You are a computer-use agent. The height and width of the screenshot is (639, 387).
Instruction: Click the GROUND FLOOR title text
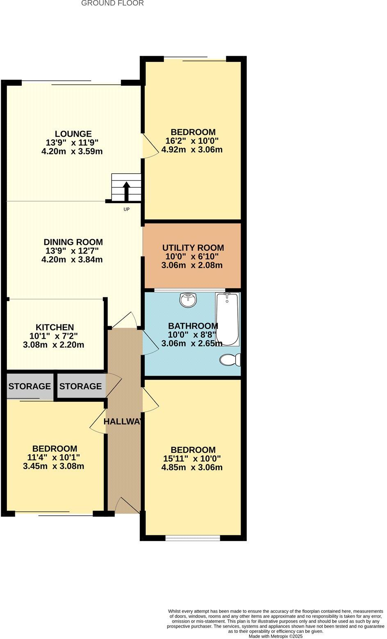click(x=112, y=3)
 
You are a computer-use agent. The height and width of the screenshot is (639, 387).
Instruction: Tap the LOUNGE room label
click(x=73, y=134)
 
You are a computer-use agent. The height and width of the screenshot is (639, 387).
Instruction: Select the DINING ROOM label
click(x=73, y=242)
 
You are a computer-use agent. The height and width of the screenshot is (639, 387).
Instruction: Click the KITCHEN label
click(x=55, y=327)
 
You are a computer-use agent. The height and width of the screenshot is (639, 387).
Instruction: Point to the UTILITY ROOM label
click(x=193, y=248)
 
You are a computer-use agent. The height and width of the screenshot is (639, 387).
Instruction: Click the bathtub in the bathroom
click(x=227, y=319)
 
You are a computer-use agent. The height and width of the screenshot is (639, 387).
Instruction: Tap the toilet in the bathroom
click(x=230, y=360)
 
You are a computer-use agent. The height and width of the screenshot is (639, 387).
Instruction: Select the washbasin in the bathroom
click(x=188, y=300)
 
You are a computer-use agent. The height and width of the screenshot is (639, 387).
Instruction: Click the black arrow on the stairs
click(x=126, y=191)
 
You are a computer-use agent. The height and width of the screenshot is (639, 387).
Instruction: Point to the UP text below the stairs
click(x=126, y=209)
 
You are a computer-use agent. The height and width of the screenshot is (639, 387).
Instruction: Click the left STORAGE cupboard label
click(x=30, y=386)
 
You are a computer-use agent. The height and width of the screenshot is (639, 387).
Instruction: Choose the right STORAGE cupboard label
click(x=80, y=386)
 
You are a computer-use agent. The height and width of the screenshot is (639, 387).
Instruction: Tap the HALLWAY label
click(x=123, y=421)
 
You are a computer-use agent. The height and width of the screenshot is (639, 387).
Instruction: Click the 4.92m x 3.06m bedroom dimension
click(x=192, y=150)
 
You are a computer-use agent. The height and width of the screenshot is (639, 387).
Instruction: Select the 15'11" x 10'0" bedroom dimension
click(x=193, y=459)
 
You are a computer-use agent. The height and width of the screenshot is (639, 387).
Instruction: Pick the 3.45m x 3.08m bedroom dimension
click(x=54, y=466)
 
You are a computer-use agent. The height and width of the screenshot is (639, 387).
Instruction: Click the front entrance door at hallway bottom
click(x=127, y=506)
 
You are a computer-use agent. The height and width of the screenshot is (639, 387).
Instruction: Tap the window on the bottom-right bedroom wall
click(x=193, y=538)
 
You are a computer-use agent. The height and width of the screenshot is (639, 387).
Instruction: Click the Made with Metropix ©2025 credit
click(x=275, y=636)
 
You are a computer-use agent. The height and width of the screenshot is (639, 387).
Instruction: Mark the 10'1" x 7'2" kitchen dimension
click(x=54, y=336)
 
